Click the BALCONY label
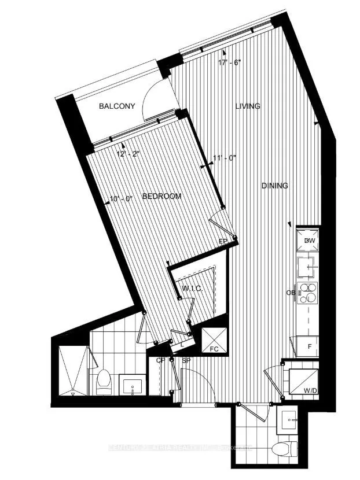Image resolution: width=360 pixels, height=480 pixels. (117, 106)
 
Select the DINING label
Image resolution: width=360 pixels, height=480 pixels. (274, 186)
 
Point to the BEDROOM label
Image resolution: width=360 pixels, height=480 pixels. (161, 197)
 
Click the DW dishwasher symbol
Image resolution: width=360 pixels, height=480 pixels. (308, 240)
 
